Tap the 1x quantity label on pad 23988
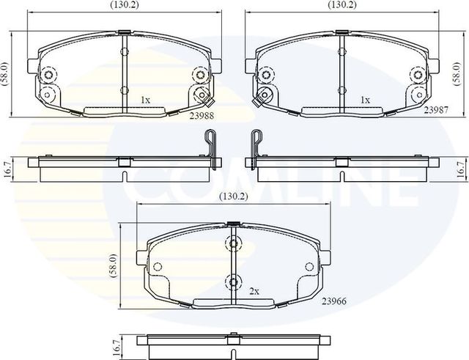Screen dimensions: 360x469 (x=145, y=98)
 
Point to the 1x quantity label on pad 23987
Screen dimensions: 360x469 (x=365, y=98)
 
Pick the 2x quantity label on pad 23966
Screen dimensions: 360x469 (x=254, y=291)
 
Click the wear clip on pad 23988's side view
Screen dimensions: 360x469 (x=212, y=144)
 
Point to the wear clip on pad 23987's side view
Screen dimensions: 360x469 (x=256, y=144)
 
